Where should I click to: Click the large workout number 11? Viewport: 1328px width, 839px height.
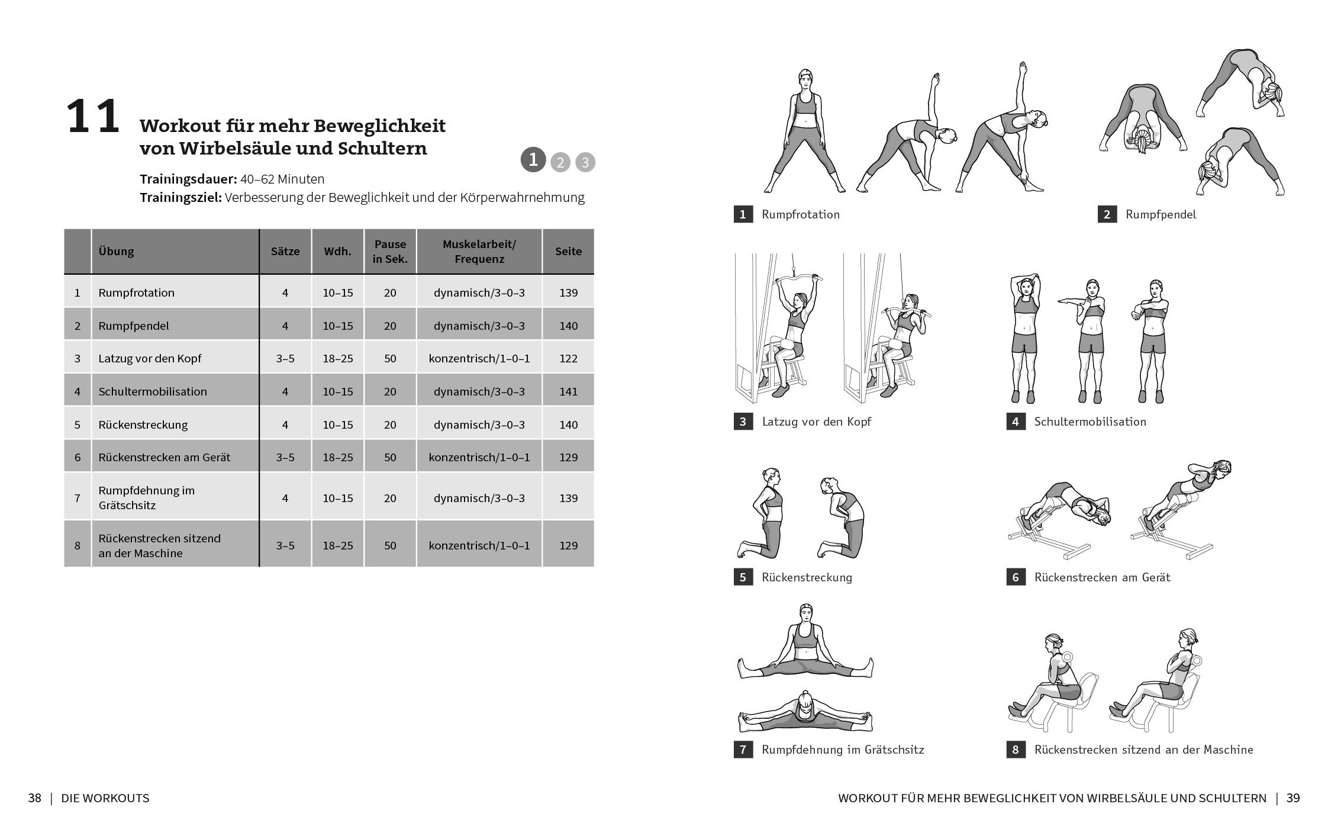coord(93,117)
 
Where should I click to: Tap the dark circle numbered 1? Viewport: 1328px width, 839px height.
coord(533,159)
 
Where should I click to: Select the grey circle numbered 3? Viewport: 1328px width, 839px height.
coord(585,162)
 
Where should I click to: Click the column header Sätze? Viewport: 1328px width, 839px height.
coord(285,251)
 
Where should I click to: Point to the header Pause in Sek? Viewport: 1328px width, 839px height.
coord(389,251)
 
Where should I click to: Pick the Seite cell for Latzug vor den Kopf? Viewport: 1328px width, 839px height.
coord(568,358)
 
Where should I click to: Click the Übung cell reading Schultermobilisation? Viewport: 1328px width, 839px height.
coord(153,391)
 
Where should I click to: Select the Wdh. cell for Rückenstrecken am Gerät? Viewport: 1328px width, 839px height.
coord(337,457)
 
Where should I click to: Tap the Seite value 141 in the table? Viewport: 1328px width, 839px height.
coord(568,391)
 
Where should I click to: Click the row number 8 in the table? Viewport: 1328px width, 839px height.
coord(77,545)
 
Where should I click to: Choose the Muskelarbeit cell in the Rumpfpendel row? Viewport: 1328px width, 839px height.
coord(479,326)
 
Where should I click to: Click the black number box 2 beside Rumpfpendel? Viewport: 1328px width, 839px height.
coord(1107,214)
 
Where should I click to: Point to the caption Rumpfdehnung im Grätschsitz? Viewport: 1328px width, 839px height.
coord(842,750)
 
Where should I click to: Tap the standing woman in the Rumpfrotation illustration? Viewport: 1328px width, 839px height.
coord(805,130)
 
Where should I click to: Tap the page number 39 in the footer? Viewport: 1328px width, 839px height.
coord(1293,798)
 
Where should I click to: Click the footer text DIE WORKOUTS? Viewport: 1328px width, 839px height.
coord(105,798)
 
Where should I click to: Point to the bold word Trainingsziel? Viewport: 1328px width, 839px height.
coord(180,198)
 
